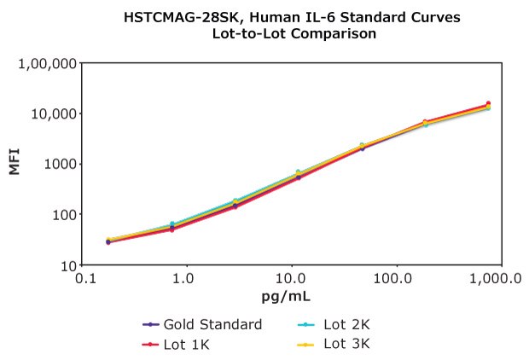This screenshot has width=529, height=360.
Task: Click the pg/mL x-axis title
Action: [286, 296]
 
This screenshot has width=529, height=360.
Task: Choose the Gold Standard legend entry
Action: [202, 325]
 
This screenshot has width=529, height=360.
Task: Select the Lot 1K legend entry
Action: [177, 344]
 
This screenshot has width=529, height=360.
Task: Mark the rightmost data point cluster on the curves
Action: [488, 106]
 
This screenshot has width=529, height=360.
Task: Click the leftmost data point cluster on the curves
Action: [108, 241]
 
